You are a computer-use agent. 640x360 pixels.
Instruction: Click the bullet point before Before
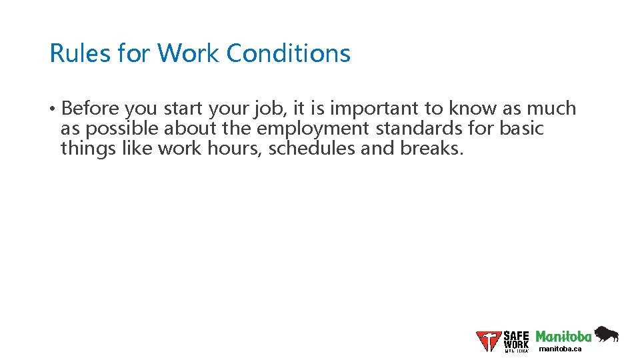52,109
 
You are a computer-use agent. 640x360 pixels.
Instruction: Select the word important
373,109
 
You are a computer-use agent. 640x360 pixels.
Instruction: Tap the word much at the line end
552,109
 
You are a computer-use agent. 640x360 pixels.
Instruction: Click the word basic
522,128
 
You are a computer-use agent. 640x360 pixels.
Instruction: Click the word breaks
431,148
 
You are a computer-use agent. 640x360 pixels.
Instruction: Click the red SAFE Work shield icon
489,341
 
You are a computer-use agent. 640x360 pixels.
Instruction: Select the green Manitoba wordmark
563,337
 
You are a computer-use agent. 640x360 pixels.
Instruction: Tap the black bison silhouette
606,334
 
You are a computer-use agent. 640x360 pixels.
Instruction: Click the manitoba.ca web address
560,349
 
